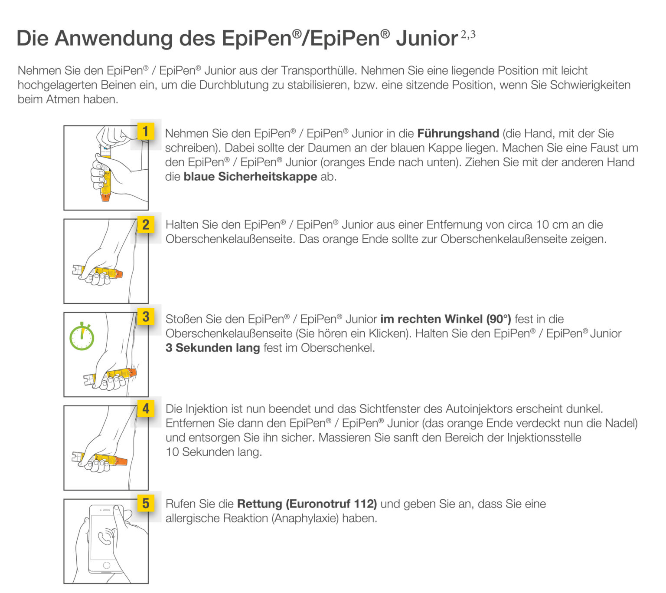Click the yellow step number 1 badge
click(146, 132)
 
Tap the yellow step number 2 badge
click(146, 225)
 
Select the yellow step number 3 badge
click(146, 317)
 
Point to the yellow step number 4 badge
click(146, 409)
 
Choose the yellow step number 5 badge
click(146, 504)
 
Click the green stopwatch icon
click(82, 337)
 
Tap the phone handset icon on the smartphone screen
click(105, 538)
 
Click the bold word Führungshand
click(458, 134)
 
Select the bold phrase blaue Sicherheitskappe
click(250, 177)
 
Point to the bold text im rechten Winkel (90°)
click(445, 320)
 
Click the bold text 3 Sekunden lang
click(212, 348)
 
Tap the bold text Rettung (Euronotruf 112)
click(307, 504)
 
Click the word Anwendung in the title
click(114, 38)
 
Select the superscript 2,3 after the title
click(468, 35)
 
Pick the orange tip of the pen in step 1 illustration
click(105, 197)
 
